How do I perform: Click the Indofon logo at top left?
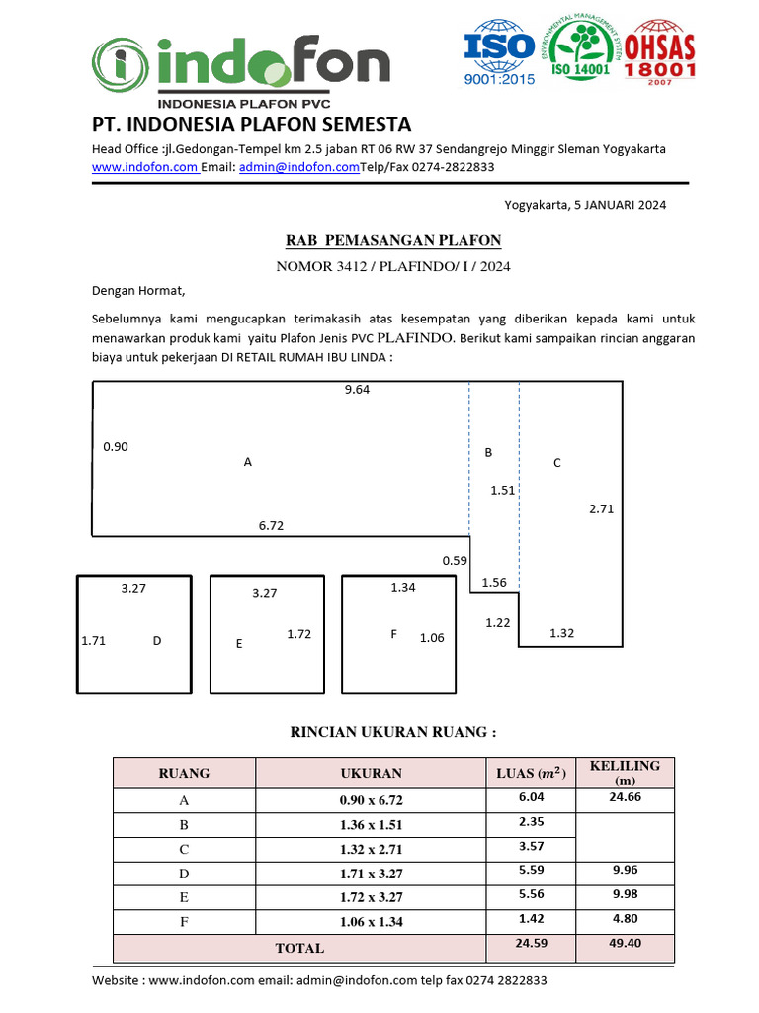242,65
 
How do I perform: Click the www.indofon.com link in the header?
144,168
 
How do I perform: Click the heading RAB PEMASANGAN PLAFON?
392,241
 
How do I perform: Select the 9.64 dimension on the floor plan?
357,390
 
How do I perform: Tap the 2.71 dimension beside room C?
601,509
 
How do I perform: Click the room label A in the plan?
247,462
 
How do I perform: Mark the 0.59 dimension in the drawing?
455,561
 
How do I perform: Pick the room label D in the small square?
156,641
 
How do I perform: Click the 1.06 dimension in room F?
432,638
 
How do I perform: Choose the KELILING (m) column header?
625,773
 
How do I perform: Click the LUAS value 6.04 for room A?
531,797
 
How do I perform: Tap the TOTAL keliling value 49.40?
625,944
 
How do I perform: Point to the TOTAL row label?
299,948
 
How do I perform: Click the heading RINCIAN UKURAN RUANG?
392,732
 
